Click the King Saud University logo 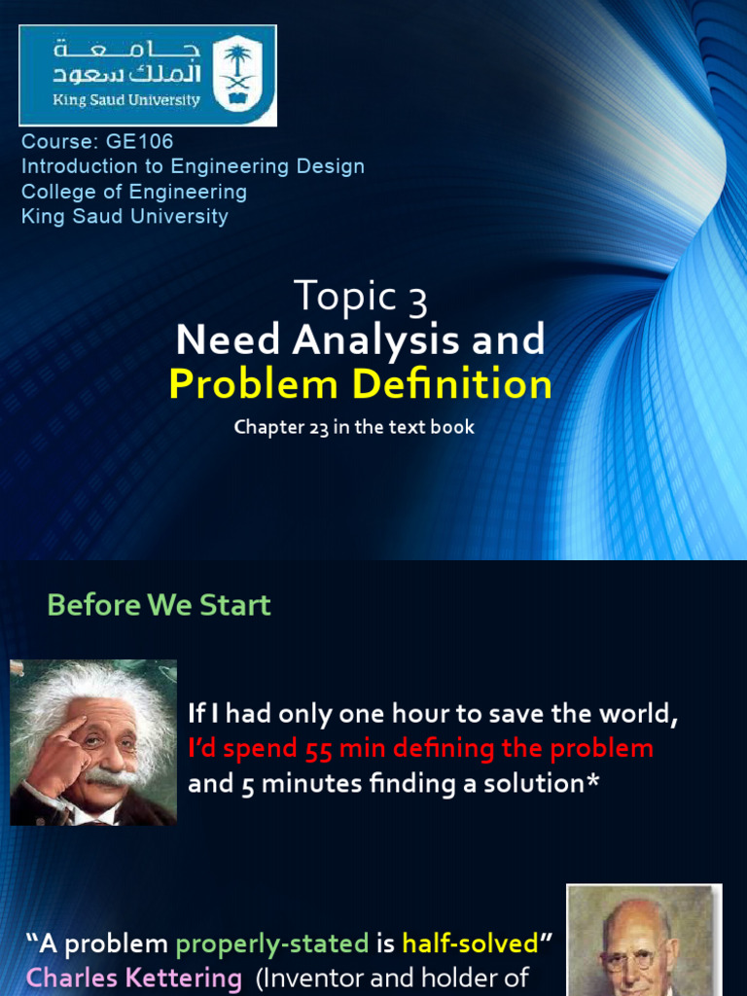click(x=148, y=75)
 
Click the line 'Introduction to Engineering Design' click(x=193, y=166)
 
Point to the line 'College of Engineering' click(x=134, y=192)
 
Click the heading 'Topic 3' click(x=360, y=296)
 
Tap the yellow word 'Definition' click(x=452, y=384)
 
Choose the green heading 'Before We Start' click(x=159, y=605)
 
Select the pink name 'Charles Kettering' click(x=134, y=978)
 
